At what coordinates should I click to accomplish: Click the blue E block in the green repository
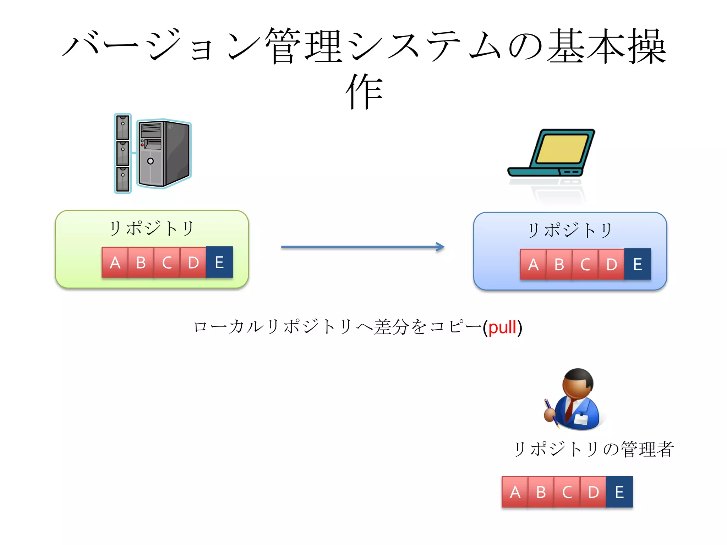point(219,262)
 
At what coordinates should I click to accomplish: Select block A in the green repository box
point(115,262)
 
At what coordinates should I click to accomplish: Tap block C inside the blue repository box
point(585,264)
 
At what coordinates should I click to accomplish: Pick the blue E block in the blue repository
point(638,264)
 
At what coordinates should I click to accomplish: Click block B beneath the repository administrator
point(541,492)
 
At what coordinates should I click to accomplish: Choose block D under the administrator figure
point(593,492)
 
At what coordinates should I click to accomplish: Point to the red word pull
point(502,327)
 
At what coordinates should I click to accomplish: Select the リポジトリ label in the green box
point(152,229)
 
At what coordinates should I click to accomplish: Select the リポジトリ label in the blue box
point(570,230)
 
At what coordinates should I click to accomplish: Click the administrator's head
point(578,384)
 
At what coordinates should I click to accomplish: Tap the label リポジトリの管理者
point(593,449)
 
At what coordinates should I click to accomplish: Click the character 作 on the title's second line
point(364,92)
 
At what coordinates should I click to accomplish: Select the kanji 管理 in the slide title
point(304,47)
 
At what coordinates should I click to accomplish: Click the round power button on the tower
point(151,161)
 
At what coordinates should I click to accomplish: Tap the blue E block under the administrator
point(619,492)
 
